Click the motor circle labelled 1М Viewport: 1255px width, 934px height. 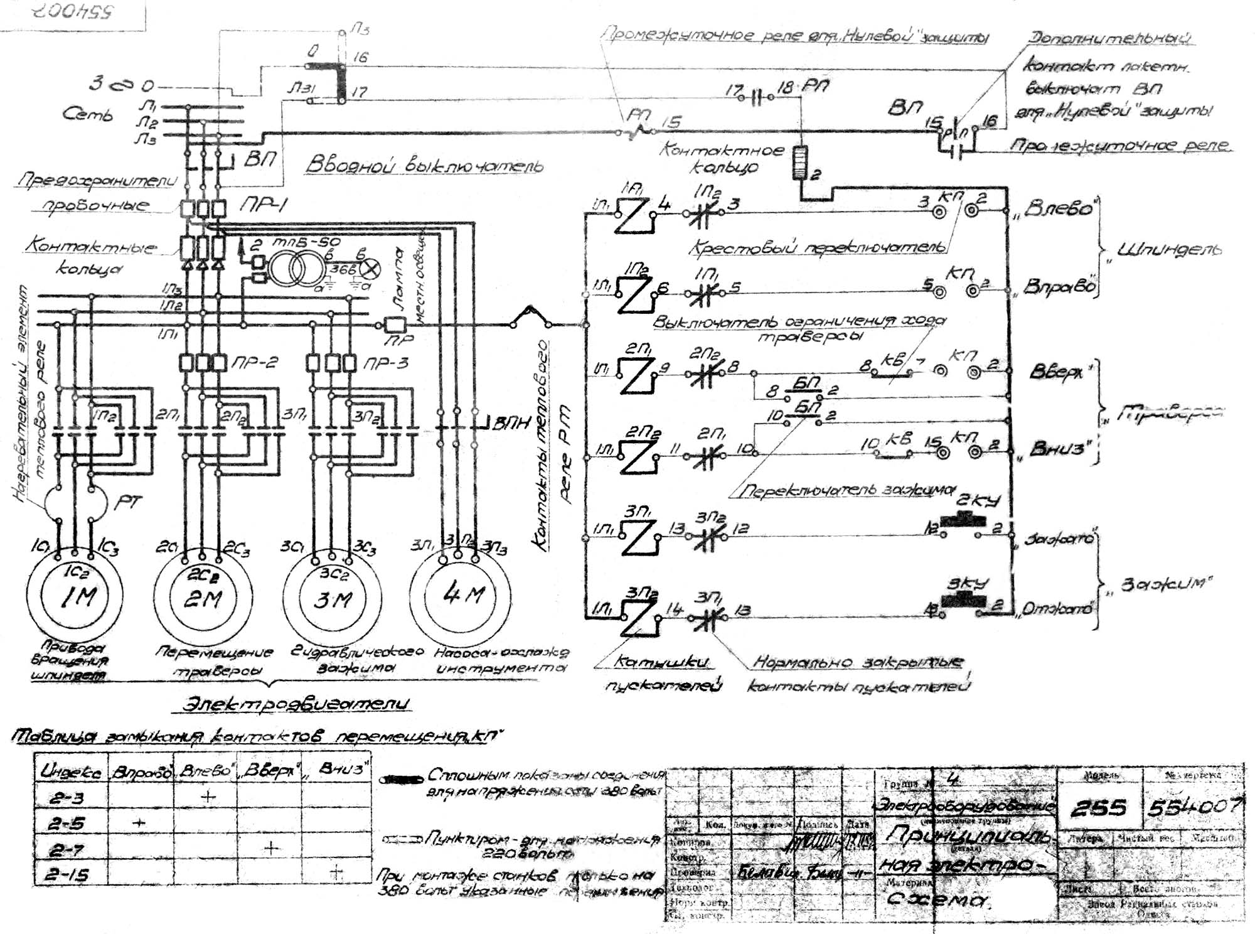(x=75, y=594)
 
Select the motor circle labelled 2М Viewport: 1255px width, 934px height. (x=203, y=598)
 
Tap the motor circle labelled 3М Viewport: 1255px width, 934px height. (x=332, y=598)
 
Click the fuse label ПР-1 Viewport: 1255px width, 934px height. (x=262, y=206)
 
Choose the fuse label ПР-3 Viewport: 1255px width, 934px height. (x=385, y=363)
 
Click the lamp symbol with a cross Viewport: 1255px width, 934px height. (x=371, y=269)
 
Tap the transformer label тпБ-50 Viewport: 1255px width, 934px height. (x=306, y=242)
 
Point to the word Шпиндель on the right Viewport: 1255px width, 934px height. (x=1170, y=249)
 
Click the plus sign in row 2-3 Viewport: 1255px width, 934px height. (x=208, y=797)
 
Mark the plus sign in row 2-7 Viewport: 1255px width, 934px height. (x=270, y=849)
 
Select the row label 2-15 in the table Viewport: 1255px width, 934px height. (x=69, y=874)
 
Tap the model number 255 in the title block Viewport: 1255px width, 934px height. (x=1099, y=808)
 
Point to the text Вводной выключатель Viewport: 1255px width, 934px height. (x=424, y=164)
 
